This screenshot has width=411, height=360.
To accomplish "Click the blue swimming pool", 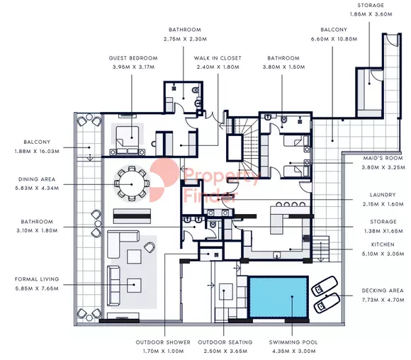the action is (278, 297).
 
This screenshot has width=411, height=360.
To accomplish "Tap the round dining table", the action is (132, 184).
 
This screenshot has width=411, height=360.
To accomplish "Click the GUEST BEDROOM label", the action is (133, 58).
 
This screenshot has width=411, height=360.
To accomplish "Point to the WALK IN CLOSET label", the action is (218, 58).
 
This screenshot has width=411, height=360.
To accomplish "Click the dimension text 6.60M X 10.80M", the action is (334, 39).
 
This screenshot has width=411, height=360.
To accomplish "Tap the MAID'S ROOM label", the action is (383, 158).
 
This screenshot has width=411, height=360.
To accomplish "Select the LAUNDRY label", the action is (383, 195).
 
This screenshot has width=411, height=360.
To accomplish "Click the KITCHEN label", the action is (383, 244).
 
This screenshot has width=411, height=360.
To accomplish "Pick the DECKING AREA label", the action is (383, 291).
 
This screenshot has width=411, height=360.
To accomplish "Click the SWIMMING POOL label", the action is (293, 342).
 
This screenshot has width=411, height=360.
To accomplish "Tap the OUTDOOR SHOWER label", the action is (163, 342).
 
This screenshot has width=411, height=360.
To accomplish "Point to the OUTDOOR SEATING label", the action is (225, 342).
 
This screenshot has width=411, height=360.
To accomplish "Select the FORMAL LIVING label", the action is (37, 279).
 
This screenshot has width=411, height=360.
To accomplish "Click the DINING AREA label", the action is (37, 179).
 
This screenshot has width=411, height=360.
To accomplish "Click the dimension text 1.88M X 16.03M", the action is (37, 151).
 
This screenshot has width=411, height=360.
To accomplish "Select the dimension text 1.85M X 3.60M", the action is (371, 14).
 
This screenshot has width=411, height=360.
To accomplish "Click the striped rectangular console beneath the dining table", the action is (132, 216).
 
